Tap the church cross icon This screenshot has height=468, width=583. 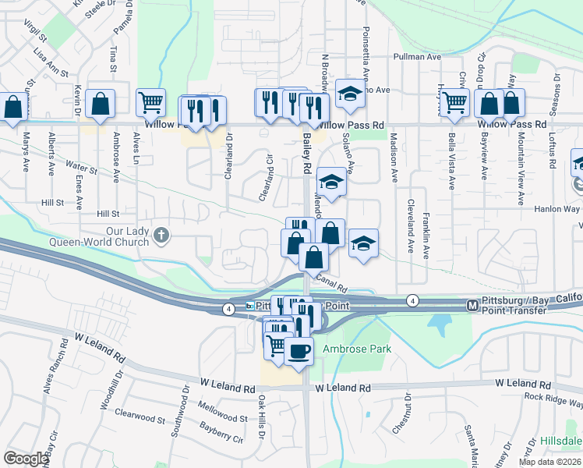(161, 234)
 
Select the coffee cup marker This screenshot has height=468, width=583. (299, 351)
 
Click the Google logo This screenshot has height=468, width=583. (26, 458)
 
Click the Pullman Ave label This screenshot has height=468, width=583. (418, 57)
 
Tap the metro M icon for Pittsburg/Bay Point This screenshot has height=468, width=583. (471, 305)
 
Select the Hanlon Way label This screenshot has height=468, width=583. (557, 209)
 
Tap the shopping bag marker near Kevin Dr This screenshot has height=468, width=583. (101, 105)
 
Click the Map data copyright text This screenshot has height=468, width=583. (549, 462)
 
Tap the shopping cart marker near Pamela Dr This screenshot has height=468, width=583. (150, 101)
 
